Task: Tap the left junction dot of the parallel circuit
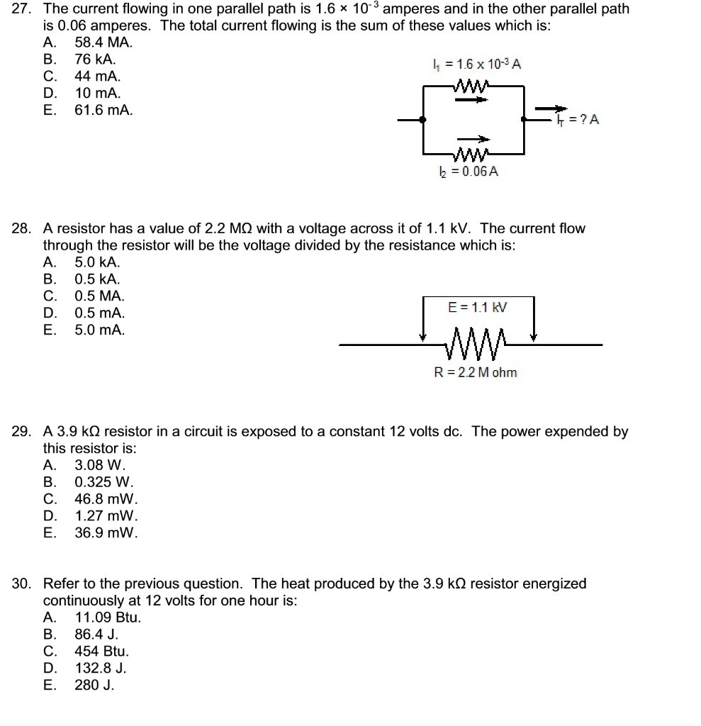(423, 121)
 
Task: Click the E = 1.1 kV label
(478, 308)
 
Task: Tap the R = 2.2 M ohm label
(476, 372)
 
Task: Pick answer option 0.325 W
(99, 482)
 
